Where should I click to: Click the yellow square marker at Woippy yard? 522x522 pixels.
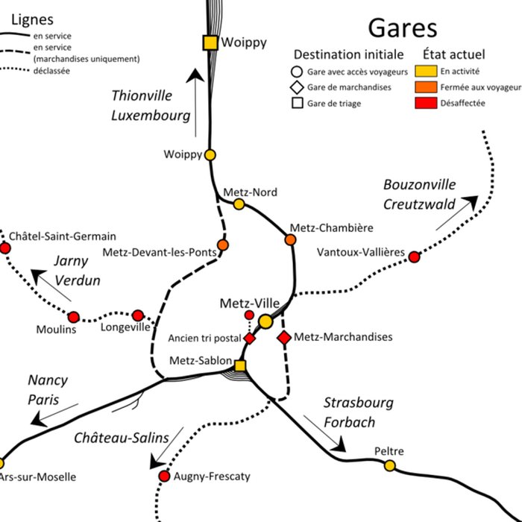[x=211, y=43]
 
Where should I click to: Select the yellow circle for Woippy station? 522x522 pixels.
[x=210, y=155]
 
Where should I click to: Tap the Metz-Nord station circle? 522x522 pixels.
[x=239, y=204]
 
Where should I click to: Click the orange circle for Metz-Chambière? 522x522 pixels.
[x=291, y=240]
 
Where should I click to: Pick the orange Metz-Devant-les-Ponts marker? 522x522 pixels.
[x=222, y=245]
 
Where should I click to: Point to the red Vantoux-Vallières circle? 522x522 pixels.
[x=414, y=257]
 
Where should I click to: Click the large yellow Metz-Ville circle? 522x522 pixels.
[x=265, y=321]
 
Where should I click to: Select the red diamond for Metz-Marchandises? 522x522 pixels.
[x=284, y=338]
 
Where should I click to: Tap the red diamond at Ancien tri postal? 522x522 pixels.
[x=250, y=338]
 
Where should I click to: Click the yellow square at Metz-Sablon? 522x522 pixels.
[x=240, y=365]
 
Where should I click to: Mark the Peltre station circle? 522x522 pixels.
[x=389, y=465]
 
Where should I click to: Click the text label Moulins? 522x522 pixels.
[x=56, y=330]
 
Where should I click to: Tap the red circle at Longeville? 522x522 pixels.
[x=138, y=315]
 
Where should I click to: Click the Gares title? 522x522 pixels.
[x=402, y=28]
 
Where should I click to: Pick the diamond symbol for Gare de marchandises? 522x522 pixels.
[x=296, y=87]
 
